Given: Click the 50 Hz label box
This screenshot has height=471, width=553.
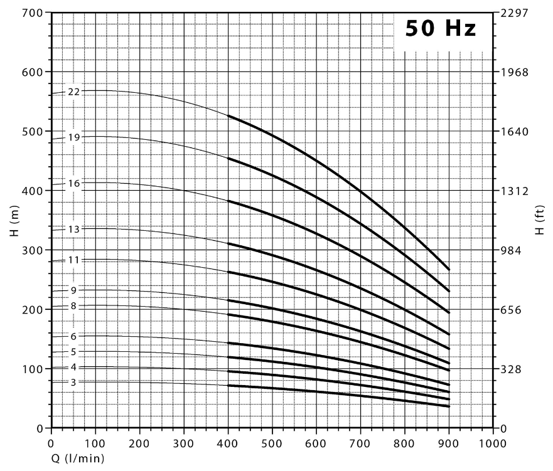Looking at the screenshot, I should (441, 29).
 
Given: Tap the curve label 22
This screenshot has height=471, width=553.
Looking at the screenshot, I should (74, 92).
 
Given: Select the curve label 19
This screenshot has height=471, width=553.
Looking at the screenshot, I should (74, 137).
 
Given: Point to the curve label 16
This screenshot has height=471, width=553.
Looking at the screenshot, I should (74, 183).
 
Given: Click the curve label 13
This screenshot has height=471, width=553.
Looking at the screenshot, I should (74, 229).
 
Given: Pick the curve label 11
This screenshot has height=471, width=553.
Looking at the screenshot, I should (74, 260).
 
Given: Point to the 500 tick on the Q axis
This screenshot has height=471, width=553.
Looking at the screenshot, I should (272, 443).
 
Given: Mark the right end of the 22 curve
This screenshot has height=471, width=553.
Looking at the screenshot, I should (449, 270).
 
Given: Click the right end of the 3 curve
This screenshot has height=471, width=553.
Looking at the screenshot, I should (449, 406).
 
